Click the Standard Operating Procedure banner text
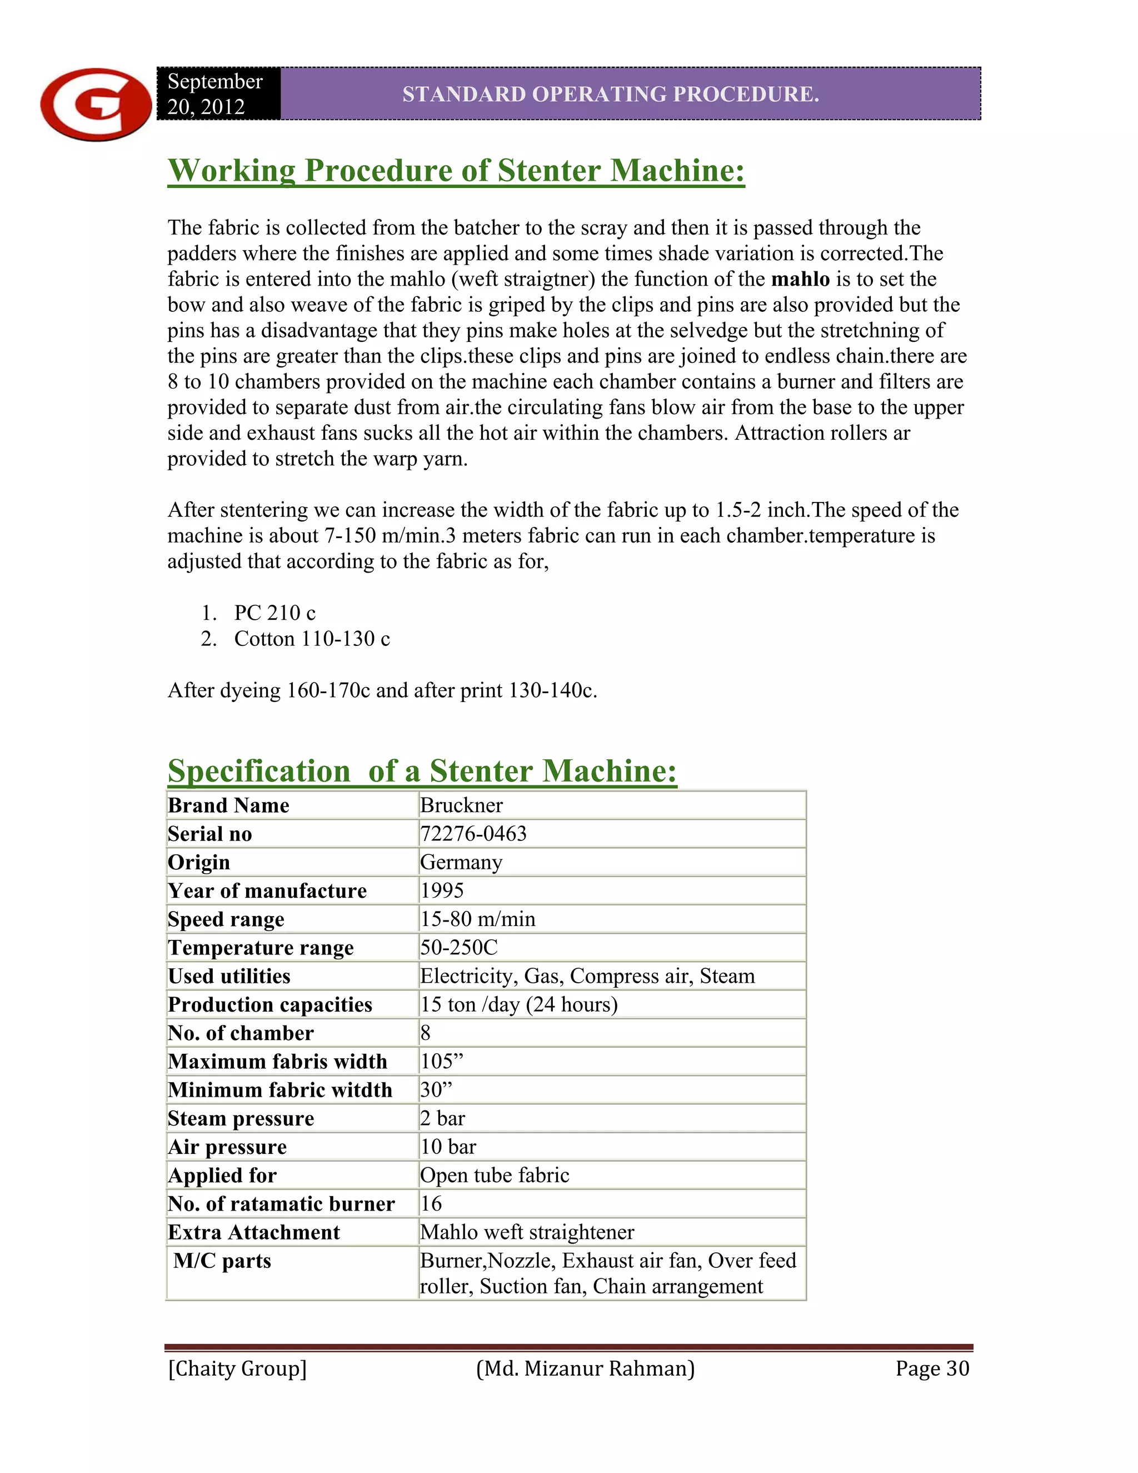[x=610, y=94]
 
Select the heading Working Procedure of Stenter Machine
[x=456, y=170]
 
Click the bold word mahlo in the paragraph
[x=800, y=279]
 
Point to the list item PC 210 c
[x=274, y=613]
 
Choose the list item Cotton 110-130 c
[x=312, y=639]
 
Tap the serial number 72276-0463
[x=473, y=834]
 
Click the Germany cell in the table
[x=461, y=863]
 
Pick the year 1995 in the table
[x=442, y=891]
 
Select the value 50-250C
[x=458, y=948]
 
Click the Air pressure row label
[x=227, y=1147]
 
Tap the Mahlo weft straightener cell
[x=527, y=1232]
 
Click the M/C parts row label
[x=222, y=1261]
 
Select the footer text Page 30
[x=932, y=1369]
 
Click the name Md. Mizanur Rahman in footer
[x=585, y=1369]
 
